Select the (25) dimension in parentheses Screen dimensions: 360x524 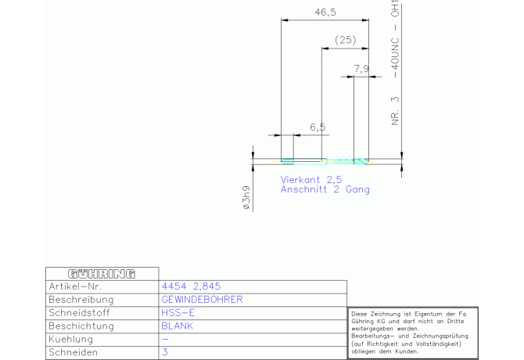pos(345,40)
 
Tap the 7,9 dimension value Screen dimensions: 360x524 pos(361,69)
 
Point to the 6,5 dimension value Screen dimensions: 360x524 pos(318,127)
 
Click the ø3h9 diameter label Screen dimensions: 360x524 pos(246,197)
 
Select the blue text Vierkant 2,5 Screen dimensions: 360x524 pos(311,179)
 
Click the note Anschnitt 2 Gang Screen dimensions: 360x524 pos(325,189)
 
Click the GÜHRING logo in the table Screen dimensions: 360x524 pos(102,274)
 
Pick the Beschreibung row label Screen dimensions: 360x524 pos(81,300)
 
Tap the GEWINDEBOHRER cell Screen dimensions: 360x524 pos(202,300)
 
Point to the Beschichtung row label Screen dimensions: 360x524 pos(84,326)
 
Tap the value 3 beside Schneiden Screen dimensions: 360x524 pos(165,353)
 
